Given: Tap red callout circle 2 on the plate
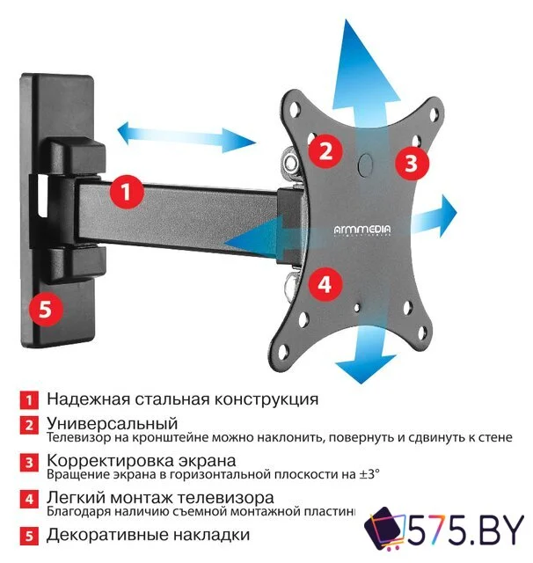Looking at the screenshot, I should pyautogui.click(x=325, y=150).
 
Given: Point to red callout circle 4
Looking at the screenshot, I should pyautogui.click(x=325, y=283).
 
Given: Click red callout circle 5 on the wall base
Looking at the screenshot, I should pyautogui.click(x=46, y=309).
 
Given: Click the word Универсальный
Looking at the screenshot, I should pyautogui.click(x=112, y=423).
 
